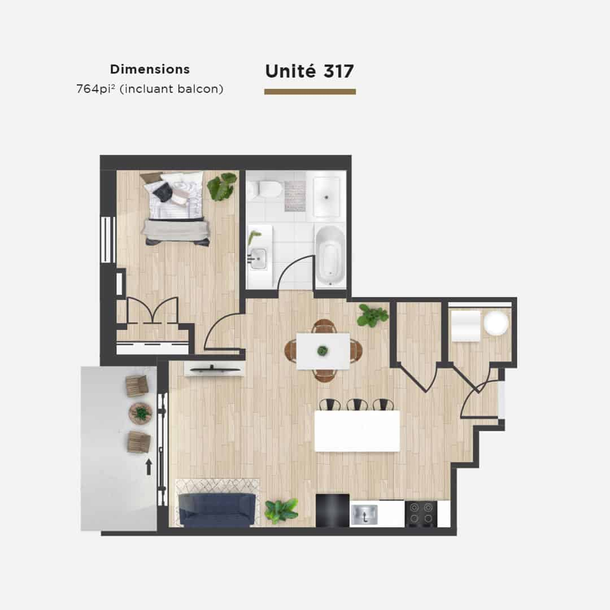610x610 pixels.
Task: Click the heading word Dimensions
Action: click(x=150, y=69)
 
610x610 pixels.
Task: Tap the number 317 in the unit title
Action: click(x=338, y=71)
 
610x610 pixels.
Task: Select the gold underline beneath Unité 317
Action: click(x=310, y=92)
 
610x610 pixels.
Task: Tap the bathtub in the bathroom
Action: click(x=330, y=254)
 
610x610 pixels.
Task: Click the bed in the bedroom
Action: click(x=176, y=208)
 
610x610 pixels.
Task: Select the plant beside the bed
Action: click(x=222, y=186)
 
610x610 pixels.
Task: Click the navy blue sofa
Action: click(x=217, y=510)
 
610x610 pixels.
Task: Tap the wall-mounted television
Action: click(x=212, y=369)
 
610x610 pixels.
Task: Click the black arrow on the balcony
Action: click(x=148, y=467)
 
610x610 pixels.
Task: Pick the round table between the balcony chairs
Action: click(x=141, y=413)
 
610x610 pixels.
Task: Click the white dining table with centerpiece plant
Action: click(x=323, y=351)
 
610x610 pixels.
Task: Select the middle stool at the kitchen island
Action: click(x=357, y=404)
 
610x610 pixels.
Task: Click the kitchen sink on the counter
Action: click(x=364, y=515)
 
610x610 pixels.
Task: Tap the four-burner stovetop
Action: click(x=421, y=514)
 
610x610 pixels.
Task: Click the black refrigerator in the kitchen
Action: click(x=332, y=511)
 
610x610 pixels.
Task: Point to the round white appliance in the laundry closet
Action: click(x=496, y=324)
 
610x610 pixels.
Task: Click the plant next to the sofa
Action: click(x=281, y=511)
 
